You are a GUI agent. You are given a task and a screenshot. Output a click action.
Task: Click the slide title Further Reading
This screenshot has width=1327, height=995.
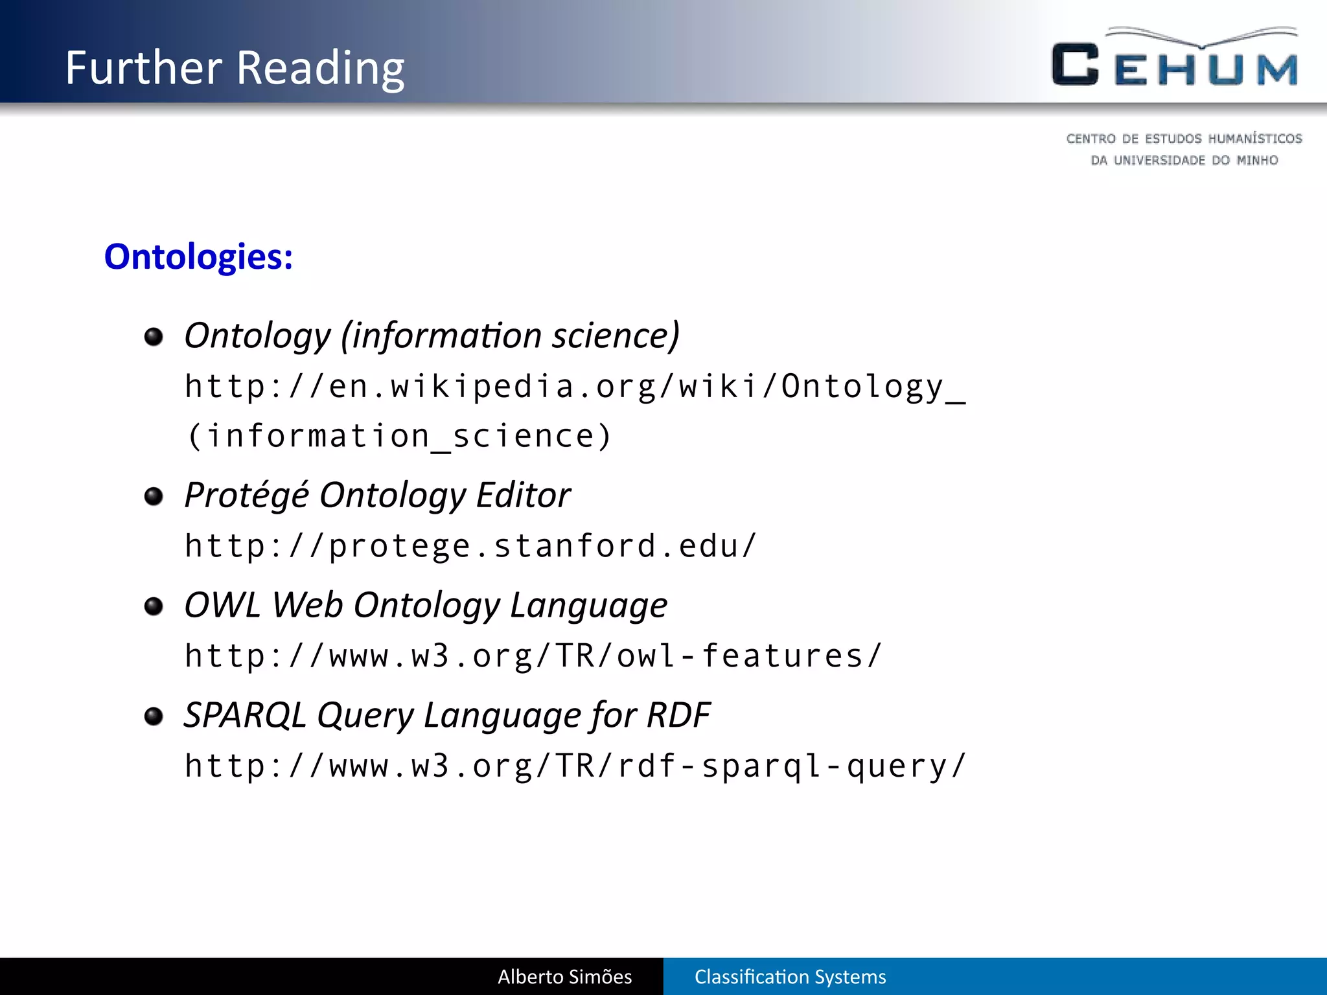235,67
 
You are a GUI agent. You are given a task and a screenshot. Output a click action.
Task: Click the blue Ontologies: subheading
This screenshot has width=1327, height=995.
198,257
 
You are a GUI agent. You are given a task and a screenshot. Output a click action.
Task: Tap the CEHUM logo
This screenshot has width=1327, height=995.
1175,58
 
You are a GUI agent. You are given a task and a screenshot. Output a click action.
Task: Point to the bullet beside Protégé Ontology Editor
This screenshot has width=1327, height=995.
154,497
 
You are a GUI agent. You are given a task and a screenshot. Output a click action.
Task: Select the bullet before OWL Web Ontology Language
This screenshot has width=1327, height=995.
154,606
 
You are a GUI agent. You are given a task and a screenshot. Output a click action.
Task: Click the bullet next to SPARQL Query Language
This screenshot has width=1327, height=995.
154,716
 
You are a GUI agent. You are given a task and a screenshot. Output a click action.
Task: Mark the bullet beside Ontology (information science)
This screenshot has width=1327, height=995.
154,337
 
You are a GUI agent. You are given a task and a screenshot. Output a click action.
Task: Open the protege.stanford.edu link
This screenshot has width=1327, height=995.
470,546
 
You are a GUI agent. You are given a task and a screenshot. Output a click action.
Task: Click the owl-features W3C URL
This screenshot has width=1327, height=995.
533,656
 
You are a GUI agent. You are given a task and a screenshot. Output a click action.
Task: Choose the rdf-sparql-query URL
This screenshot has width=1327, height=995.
575,766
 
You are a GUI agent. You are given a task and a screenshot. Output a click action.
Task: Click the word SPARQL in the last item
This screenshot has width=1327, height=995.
244,715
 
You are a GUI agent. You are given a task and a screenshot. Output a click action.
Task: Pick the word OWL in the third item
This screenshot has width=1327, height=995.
222,605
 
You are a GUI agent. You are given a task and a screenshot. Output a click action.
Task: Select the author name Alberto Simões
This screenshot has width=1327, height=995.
564,977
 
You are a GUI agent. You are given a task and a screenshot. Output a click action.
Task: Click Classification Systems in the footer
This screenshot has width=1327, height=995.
790,977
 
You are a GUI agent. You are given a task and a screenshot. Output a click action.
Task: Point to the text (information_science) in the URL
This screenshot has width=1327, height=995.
398,436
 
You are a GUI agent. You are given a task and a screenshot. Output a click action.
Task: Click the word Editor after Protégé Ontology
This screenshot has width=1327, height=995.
523,496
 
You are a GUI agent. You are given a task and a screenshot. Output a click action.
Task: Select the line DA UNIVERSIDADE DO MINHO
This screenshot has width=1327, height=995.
1184,161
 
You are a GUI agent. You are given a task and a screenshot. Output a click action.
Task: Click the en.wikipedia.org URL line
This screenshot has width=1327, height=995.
575,387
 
